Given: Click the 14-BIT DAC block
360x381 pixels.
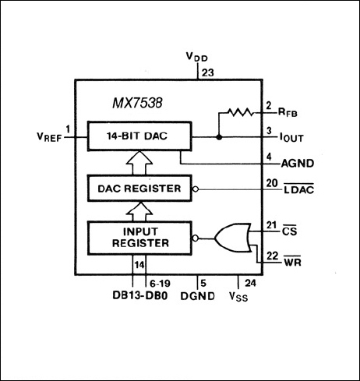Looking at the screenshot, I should pyautogui.click(x=133, y=135).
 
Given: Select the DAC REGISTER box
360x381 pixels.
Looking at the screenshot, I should pyautogui.click(x=133, y=188).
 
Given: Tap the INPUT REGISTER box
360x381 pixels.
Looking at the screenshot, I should pyautogui.click(x=133, y=236).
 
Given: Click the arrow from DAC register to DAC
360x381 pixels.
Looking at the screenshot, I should pyautogui.click(x=133, y=161).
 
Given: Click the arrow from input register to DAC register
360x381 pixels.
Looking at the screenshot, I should pyautogui.click(x=133, y=210).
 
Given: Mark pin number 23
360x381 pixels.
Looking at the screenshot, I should pyautogui.click(x=206, y=72).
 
